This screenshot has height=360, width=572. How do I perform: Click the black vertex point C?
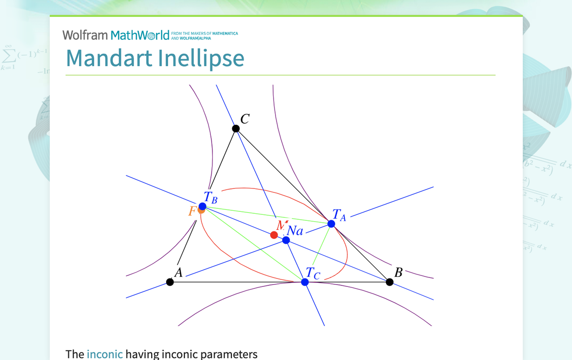[x=236, y=129]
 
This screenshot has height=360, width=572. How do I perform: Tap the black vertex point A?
[x=170, y=282]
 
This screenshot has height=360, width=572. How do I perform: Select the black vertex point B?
[x=389, y=282]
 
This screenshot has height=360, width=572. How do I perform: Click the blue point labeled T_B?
[x=202, y=206]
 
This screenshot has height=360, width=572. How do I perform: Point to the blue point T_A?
[x=331, y=224]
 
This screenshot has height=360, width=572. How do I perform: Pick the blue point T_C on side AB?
[x=305, y=282]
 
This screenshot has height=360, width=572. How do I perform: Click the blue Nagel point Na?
[x=286, y=240]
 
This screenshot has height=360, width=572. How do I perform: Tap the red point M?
[x=274, y=235]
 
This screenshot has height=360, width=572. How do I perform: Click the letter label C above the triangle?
[x=245, y=119]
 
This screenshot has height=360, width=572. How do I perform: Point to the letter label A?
[x=179, y=272]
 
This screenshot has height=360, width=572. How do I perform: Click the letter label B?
[x=398, y=272]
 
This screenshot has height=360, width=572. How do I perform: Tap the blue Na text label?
[x=295, y=231]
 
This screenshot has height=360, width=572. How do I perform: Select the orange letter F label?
[x=191, y=211]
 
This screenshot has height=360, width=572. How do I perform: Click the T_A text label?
[x=339, y=215]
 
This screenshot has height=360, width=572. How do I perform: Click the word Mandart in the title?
[x=109, y=58]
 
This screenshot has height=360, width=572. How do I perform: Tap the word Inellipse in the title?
[x=201, y=58]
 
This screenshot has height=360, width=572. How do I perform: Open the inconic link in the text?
[x=104, y=354]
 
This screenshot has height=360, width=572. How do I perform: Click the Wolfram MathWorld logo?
[x=116, y=35]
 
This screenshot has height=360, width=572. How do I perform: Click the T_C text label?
[x=313, y=273]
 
